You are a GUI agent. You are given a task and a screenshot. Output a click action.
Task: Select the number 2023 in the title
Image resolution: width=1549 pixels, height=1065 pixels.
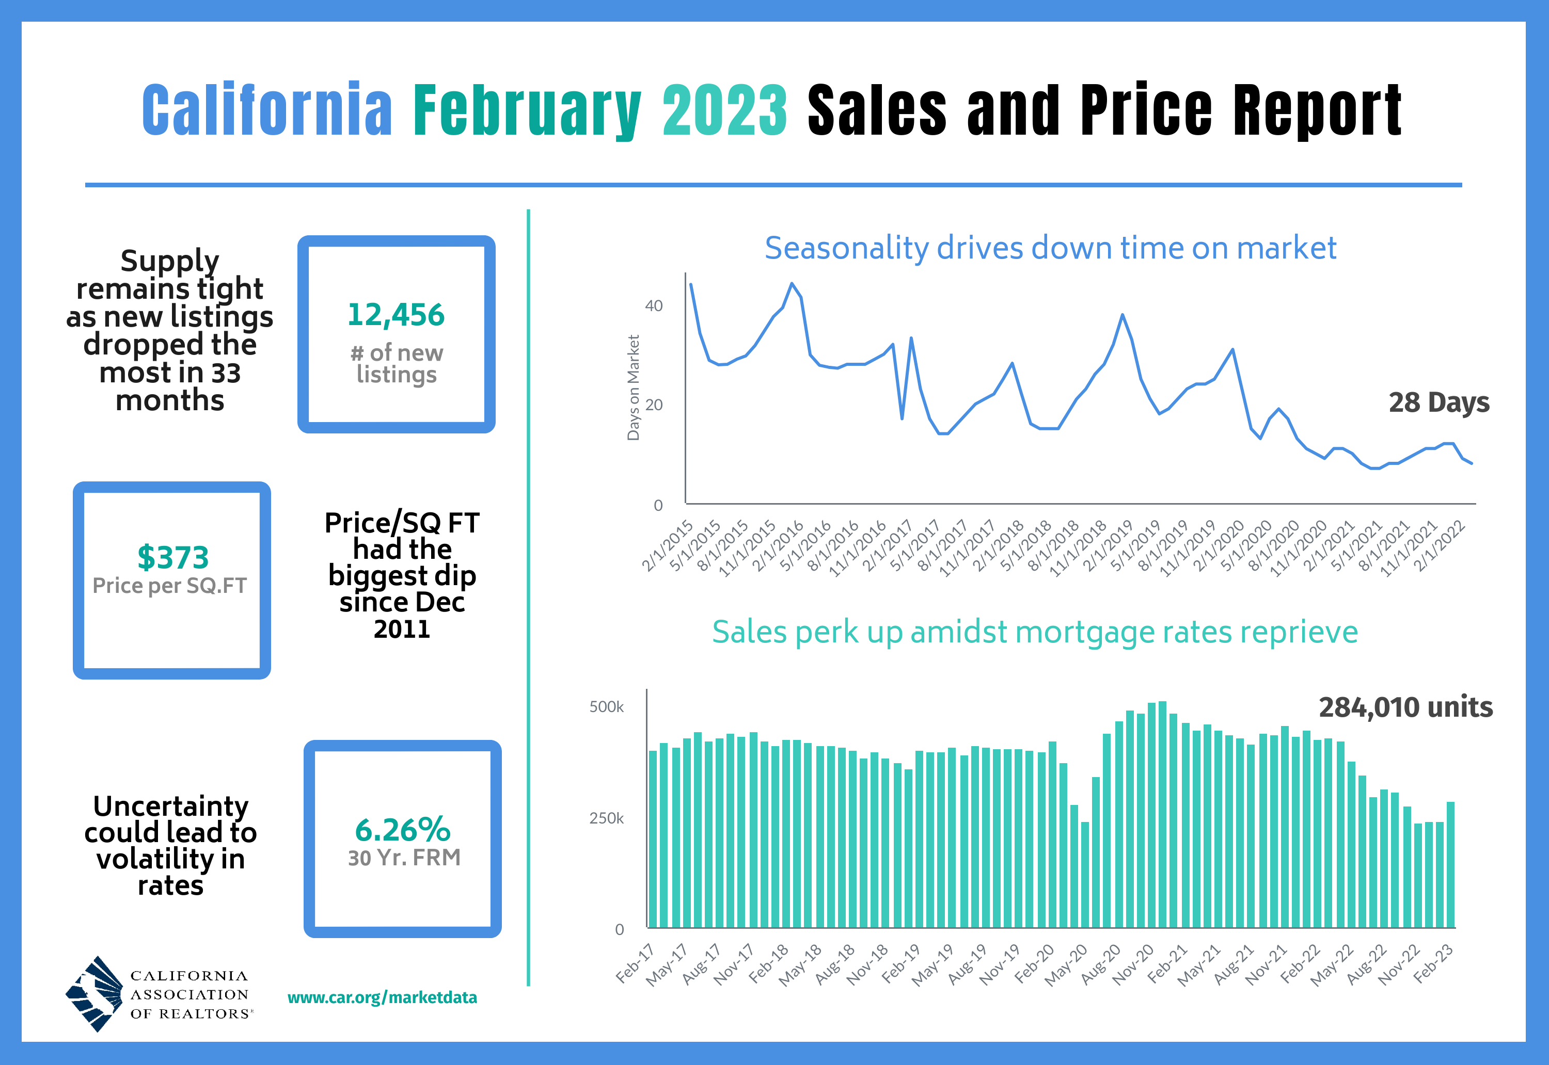725,110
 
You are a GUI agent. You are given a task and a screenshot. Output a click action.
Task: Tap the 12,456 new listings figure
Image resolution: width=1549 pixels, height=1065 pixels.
396,314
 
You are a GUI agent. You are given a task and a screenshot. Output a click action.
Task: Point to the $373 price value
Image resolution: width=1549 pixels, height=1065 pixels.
173,557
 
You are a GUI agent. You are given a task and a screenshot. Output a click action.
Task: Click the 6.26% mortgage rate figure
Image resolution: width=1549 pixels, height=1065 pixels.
403,830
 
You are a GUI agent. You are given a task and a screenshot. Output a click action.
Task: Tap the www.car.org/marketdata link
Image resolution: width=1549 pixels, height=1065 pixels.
382,997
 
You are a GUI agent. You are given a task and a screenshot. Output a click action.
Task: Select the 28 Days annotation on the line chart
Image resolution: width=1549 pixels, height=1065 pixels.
1439,402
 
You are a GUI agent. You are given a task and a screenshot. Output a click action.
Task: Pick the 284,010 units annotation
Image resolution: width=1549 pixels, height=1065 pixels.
1405,707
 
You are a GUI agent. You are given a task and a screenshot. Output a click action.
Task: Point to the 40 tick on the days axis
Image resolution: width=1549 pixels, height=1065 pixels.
654,305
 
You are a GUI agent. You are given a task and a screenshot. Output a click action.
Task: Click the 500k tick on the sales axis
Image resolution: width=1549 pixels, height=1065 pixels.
606,707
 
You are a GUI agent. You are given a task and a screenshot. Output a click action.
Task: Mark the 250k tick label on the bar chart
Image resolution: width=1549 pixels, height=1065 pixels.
606,818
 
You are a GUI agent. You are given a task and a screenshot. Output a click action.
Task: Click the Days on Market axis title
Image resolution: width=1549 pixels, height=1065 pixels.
633,388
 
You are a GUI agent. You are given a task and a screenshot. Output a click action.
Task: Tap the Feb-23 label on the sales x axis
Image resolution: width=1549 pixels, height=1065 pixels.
1433,964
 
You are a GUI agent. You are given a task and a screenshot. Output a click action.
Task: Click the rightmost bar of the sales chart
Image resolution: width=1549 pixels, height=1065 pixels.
1450,864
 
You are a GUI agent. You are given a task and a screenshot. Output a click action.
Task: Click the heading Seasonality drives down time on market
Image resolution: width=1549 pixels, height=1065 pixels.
1050,248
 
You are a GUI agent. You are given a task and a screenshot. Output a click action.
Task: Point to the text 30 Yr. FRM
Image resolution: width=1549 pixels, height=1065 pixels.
404,858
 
